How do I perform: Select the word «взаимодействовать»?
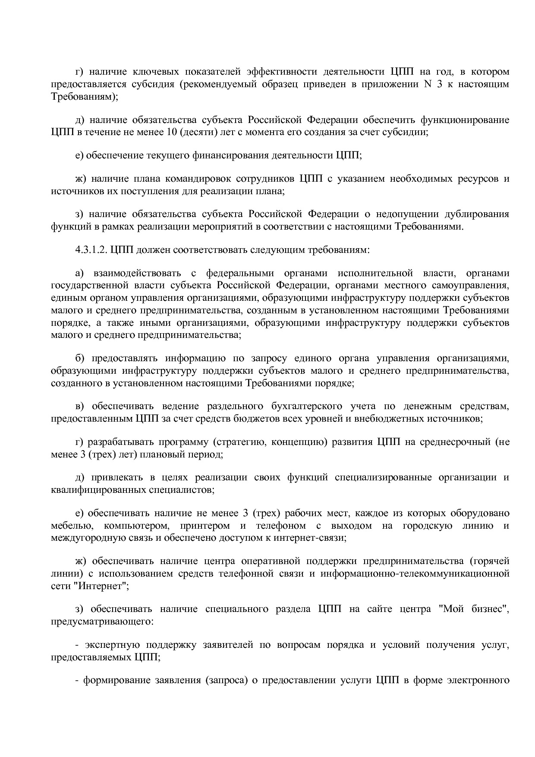(137, 273)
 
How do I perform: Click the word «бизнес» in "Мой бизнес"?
(490, 609)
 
